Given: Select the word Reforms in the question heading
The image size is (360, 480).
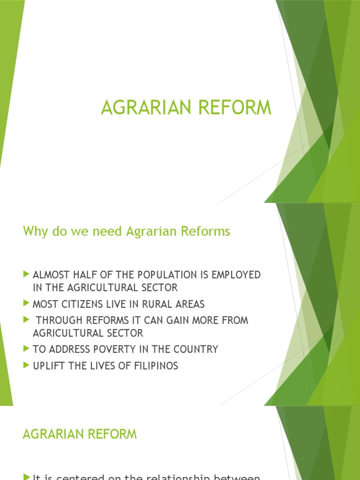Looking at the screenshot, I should [x=209, y=232].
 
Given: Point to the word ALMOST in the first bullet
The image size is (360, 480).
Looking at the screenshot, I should [x=48, y=275].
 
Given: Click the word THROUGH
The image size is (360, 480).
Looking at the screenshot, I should [x=59, y=321].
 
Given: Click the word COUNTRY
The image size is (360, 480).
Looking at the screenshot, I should [x=197, y=349].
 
